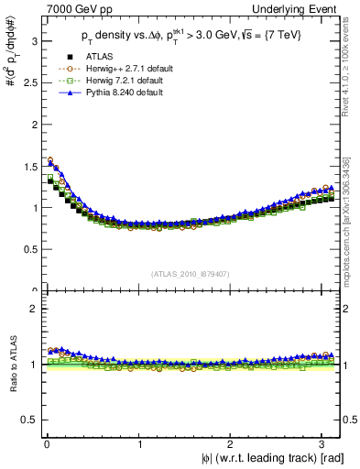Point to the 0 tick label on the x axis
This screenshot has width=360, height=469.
coord(46,445)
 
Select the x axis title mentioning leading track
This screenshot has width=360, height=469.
coord(266,459)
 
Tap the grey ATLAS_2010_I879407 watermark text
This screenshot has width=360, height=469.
coord(190,271)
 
